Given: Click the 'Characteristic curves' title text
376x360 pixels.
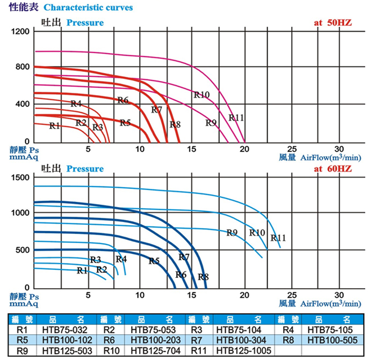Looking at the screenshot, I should tap(88, 8).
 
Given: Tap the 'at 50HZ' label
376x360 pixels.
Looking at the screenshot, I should tap(332, 23).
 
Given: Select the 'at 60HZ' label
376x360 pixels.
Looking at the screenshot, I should tap(332, 169).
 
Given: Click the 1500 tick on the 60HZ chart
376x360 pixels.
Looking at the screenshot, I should tap(20, 177).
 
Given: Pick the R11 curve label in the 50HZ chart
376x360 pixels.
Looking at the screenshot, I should tap(236, 117).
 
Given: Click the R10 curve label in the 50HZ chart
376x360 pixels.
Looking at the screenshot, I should tap(201, 94).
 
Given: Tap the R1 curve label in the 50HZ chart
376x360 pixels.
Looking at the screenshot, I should tap(54, 126).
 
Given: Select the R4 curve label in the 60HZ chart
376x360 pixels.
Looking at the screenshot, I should tap(121, 259).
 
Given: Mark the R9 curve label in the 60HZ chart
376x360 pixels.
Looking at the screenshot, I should tap(232, 232).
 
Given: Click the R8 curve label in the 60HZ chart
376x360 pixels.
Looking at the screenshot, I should tap(203, 277).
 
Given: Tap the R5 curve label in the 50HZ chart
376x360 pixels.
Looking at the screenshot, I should tap(125, 123).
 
